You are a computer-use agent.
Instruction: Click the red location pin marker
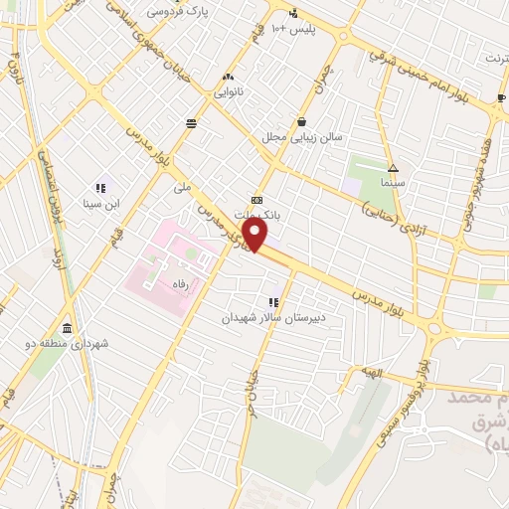[x=256, y=234]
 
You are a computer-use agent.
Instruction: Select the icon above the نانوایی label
[x=229, y=77]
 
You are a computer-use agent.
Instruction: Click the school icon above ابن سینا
[x=100, y=187]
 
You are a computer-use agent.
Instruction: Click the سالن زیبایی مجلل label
[x=302, y=136]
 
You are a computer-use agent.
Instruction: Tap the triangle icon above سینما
[x=393, y=169]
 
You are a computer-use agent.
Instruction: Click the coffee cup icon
[x=501, y=98]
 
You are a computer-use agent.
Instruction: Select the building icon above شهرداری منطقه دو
[x=67, y=328]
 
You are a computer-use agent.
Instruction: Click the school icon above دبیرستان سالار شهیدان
[x=271, y=301]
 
